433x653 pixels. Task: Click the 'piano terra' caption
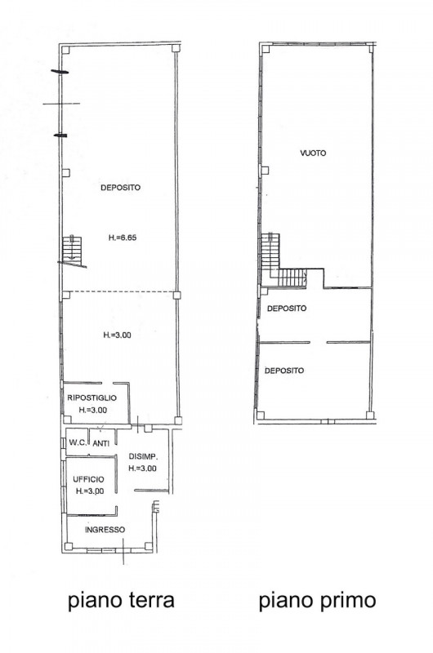[x=121, y=602]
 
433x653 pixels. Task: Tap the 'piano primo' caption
[x=317, y=602]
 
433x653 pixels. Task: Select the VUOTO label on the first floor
[x=313, y=153]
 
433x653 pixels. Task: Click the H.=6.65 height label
[x=123, y=238]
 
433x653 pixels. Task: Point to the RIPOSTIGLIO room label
[x=92, y=398]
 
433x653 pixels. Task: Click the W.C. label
[x=78, y=442]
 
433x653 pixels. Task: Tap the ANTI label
[x=100, y=444]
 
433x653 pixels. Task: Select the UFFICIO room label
[x=88, y=479]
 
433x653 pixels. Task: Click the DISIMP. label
[x=143, y=456]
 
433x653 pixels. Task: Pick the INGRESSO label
[x=105, y=530]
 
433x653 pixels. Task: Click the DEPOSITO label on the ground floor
[x=120, y=188]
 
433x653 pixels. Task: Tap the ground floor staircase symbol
[x=72, y=250]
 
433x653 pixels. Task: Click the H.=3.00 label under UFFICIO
[x=90, y=491]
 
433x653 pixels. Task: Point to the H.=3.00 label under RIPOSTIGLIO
[x=93, y=411]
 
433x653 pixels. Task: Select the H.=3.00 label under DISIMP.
[x=142, y=469]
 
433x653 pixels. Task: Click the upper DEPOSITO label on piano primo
[x=287, y=309]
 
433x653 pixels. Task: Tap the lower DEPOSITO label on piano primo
[x=284, y=371]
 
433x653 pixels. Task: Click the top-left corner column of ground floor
[x=65, y=50]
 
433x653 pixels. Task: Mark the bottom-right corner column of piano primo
[x=369, y=415]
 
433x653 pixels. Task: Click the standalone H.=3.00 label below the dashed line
[x=117, y=335]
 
